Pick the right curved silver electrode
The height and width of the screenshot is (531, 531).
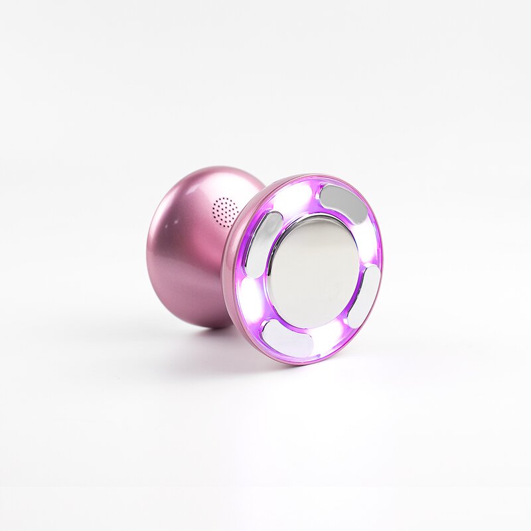364,296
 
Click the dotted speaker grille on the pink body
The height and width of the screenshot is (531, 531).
226,211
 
